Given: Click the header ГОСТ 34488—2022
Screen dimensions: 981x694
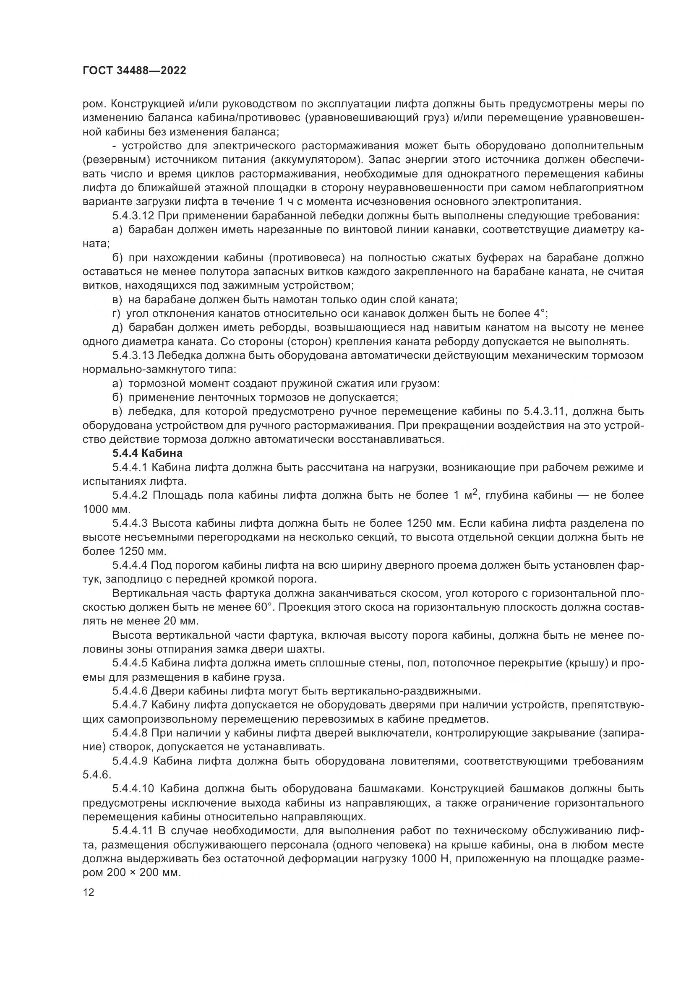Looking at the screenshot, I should coord(134,71).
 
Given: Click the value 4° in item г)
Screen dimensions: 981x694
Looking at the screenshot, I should coord(540,314).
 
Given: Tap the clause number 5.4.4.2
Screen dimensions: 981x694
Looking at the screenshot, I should coord(130,495).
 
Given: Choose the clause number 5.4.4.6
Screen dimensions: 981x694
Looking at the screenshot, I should coord(130,691).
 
